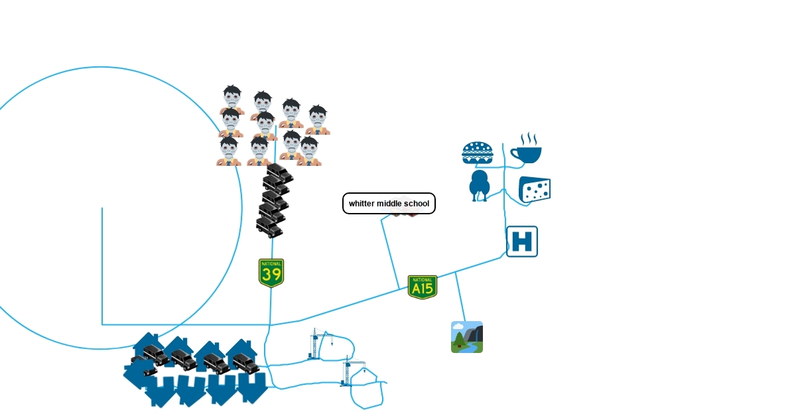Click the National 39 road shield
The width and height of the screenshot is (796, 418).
[271, 273]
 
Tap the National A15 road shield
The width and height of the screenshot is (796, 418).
[423, 287]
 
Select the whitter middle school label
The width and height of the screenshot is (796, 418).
[389, 204]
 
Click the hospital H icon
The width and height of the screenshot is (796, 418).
[522, 242]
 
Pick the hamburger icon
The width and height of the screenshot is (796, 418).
[478, 153]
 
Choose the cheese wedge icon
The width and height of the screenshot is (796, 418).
[535, 190]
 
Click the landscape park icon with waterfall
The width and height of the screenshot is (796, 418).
[467, 337]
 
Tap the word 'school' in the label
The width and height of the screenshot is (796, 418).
[416, 204]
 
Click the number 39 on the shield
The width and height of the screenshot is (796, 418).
[271, 275]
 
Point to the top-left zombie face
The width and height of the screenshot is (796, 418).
[232, 98]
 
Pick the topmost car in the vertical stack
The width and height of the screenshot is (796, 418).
[278, 174]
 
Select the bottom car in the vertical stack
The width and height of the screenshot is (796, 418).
[269, 227]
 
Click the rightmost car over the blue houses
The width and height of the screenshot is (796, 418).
[245, 362]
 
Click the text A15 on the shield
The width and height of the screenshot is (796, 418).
[423, 289]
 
